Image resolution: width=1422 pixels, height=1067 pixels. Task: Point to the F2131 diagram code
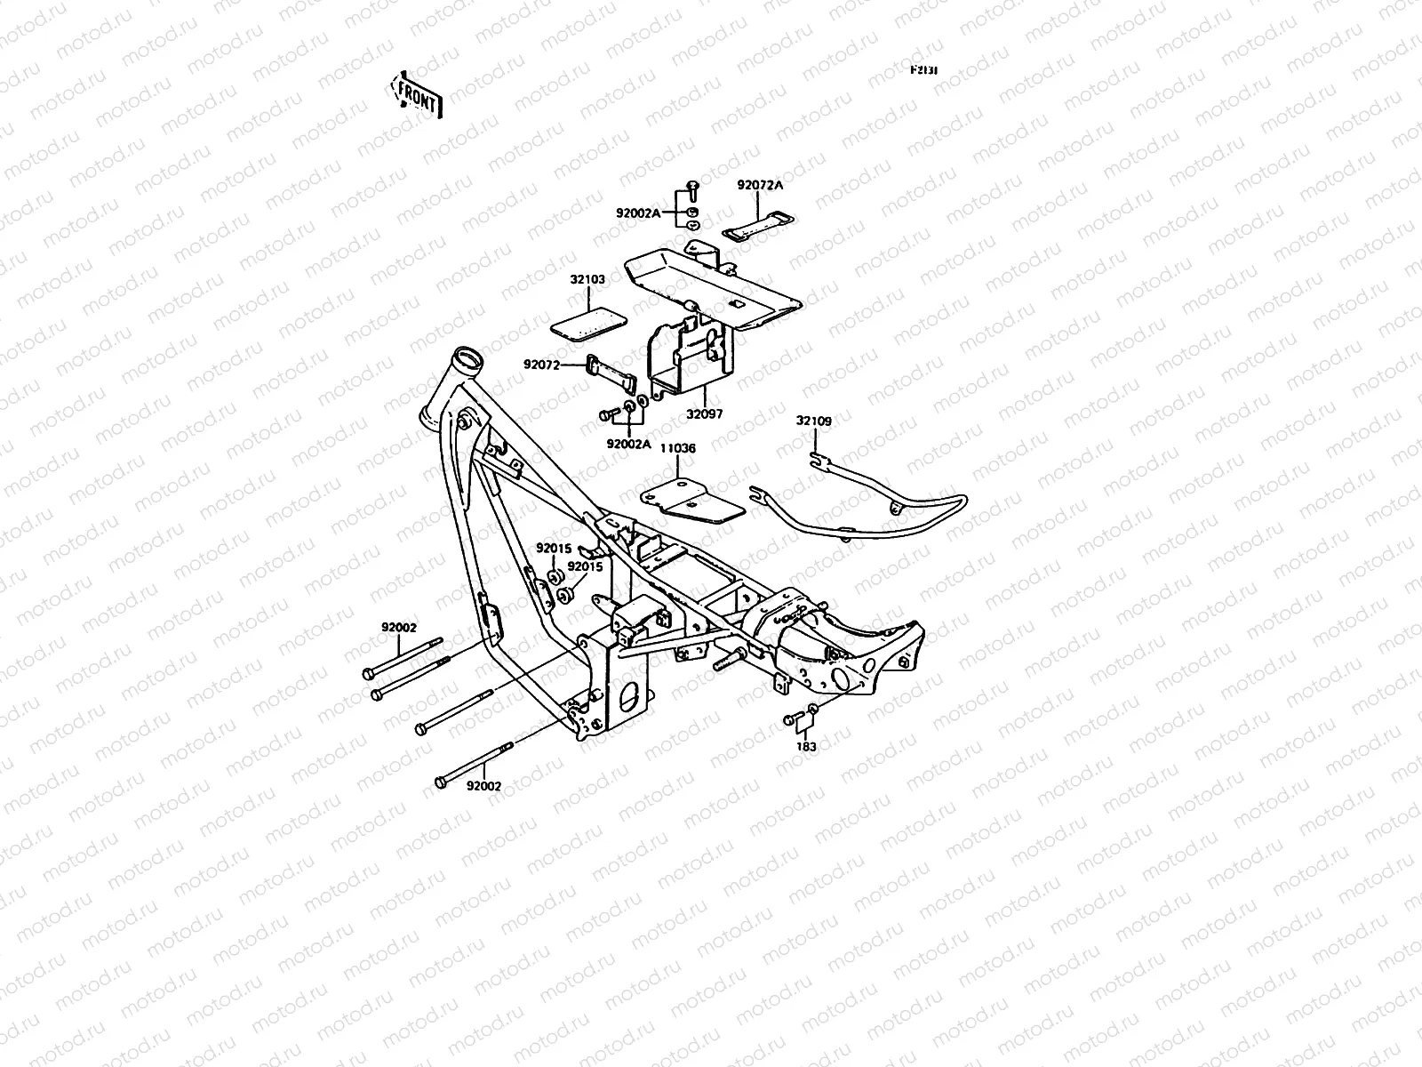pyautogui.click(x=924, y=70)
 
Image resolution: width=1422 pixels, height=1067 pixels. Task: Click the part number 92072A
pyautogui.click(x=760, y=186)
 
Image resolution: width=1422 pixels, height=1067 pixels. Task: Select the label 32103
pyautogui.click(x=587, y=279)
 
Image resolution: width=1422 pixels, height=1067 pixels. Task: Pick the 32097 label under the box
pyautogui.click(x=704, y=414)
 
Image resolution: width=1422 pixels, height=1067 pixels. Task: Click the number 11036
pyautogui.click(x=677, y=449)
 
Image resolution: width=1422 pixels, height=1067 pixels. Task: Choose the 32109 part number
pyautogui.click(x=813, y=421)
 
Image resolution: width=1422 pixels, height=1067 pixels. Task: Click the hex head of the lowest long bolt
pyautogui.click(x=439, y=782)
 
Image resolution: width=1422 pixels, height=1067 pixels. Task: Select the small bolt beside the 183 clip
pyautogui.click(x=789, y=719)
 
